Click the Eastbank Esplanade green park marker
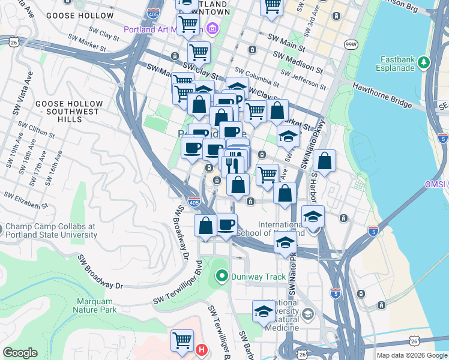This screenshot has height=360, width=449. [424, 61]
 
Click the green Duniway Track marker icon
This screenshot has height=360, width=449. [221, 277]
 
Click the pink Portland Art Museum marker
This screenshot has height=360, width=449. [211, 28]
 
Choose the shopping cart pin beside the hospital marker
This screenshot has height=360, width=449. [182, 340]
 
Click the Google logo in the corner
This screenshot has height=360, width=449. [20, 353]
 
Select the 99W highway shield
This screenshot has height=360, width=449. [350, 44]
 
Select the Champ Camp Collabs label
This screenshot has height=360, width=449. [51, 230]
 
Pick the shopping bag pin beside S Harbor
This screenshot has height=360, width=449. [324, 161]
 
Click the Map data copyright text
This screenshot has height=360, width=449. [412, 355]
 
